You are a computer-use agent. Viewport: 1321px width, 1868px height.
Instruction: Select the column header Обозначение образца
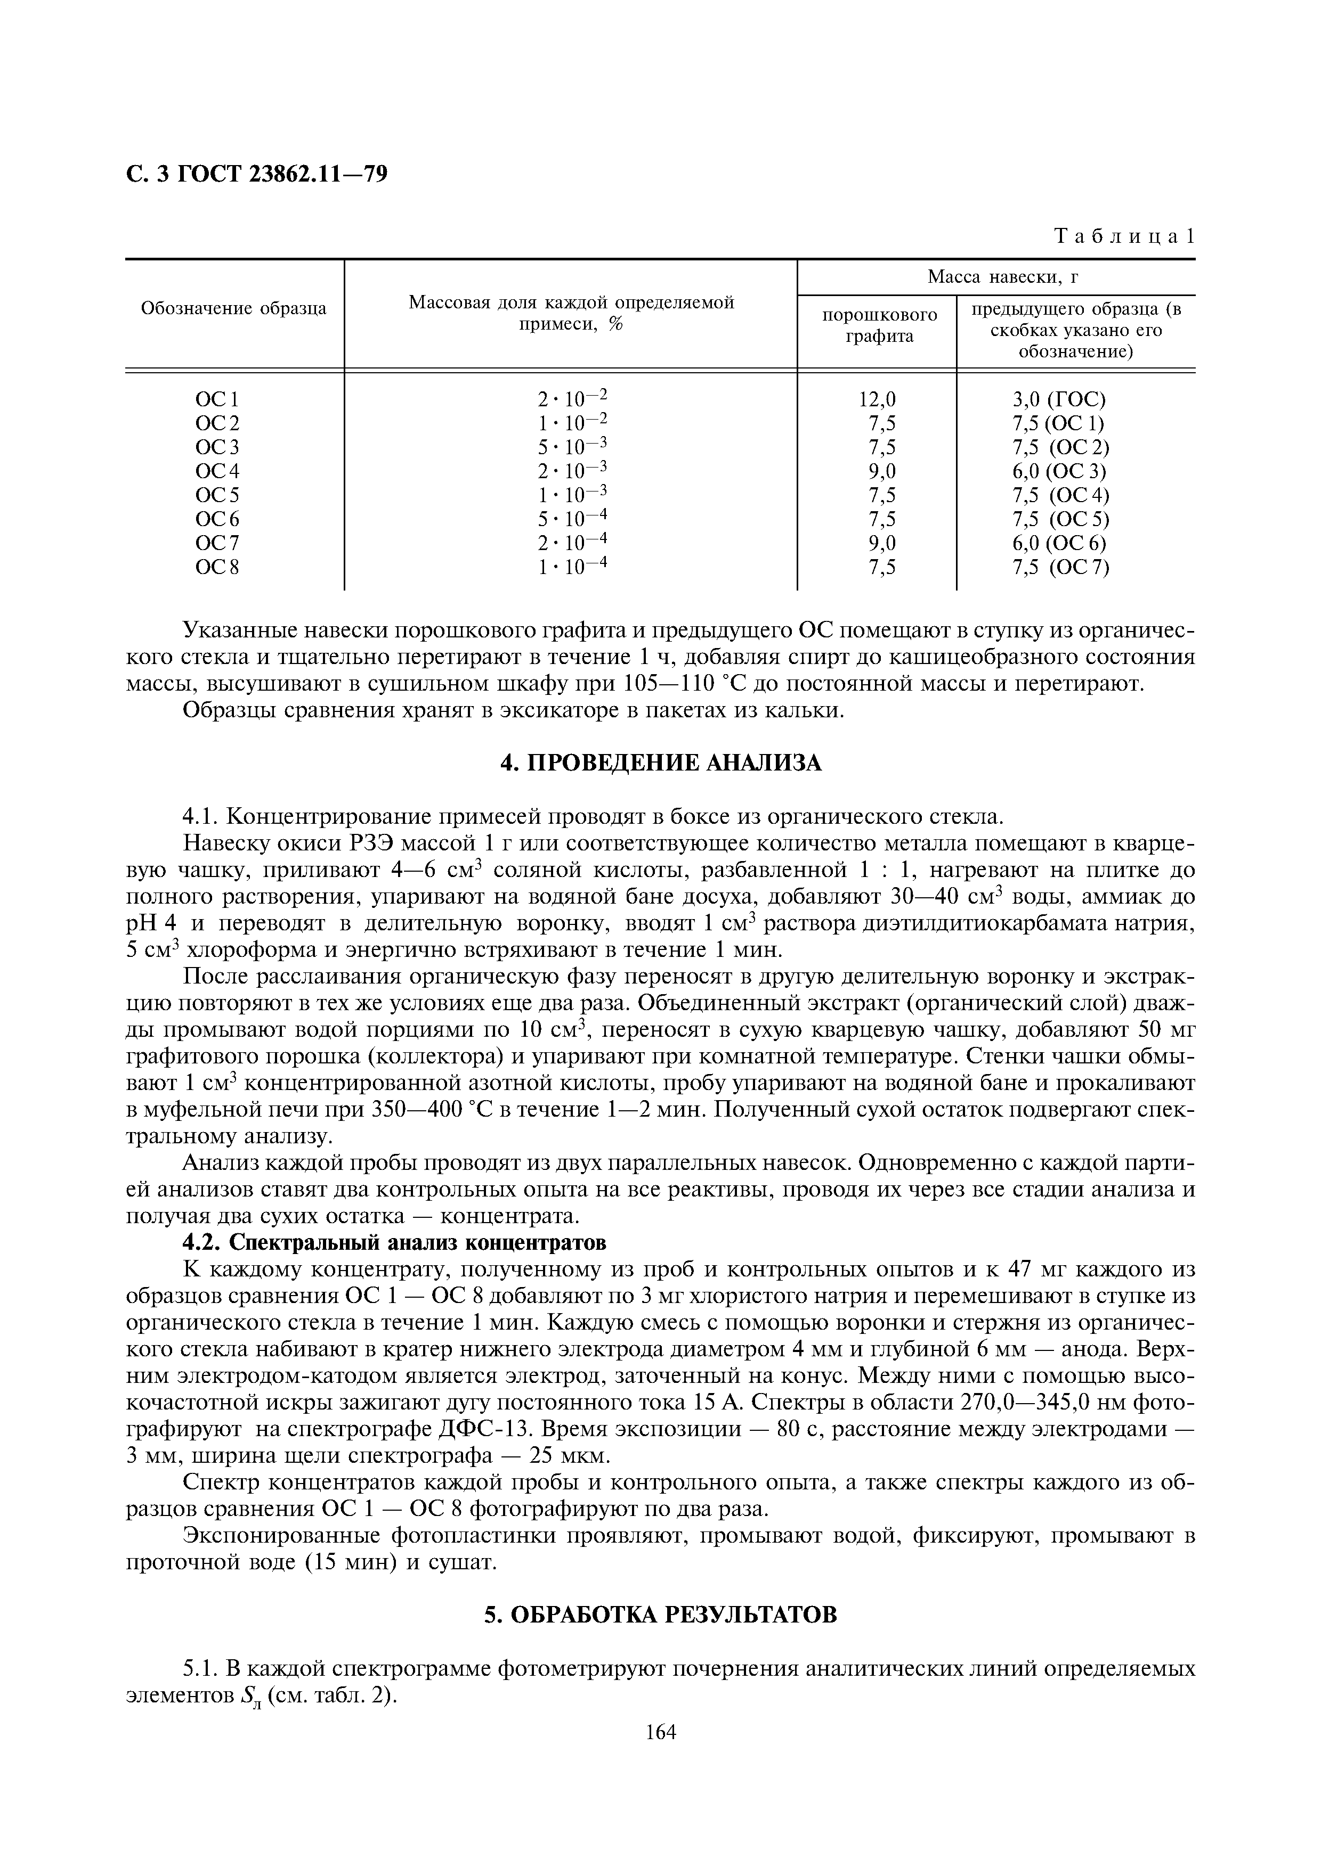pos(233,308)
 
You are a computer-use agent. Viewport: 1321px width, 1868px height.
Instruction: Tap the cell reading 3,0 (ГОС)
pos(1059,399)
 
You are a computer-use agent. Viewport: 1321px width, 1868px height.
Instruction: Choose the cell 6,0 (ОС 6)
pos(1059,543)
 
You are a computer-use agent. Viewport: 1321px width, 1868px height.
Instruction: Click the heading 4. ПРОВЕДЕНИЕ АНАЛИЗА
pos(660,763)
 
